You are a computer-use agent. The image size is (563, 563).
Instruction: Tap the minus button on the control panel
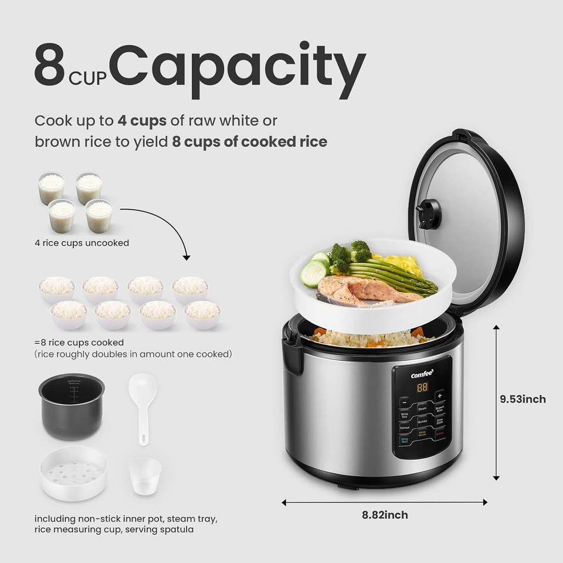coord(404,402)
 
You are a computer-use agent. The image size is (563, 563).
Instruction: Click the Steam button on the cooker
coord(422,408)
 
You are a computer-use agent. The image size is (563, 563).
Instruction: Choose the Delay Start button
coord(404,439)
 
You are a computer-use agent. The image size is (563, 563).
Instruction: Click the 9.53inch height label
coord(523,399)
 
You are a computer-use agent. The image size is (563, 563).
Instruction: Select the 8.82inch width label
coord(385,515)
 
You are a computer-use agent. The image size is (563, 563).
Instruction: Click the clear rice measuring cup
coord(145,479)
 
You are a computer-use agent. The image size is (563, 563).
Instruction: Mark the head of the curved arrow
coord(186,257)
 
